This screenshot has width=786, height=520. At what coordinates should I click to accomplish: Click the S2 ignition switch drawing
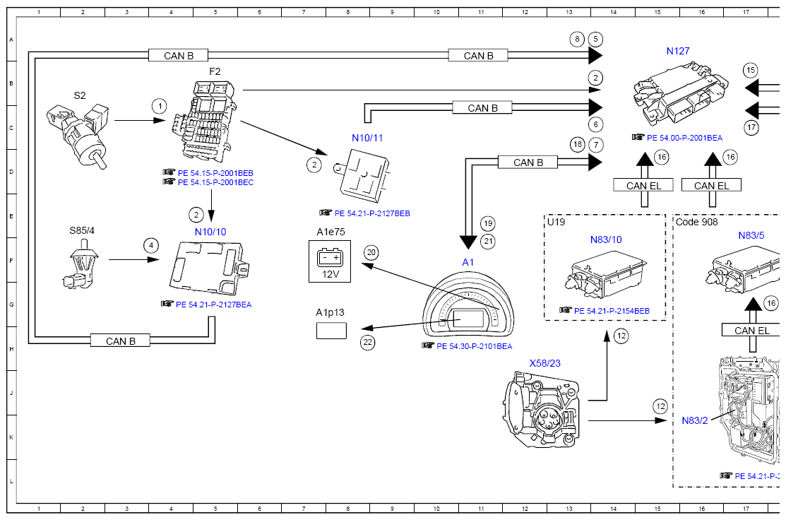[x=78, y=131]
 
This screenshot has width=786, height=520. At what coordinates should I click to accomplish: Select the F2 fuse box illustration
[x=205, y=120]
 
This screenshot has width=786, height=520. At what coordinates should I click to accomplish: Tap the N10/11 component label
[x=367, y=138]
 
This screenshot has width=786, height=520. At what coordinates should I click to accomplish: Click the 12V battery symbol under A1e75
[x=330, y=261]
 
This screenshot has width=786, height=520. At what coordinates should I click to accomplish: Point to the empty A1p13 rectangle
[x=331, y=330]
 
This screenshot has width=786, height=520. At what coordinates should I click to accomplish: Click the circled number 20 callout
[x=371, y=252]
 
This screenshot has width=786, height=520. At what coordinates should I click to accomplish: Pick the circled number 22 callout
[x=368, y=343]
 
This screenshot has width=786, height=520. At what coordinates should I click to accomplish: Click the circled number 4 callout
[x=150, y=246]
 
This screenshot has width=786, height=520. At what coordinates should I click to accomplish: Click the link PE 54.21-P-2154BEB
[x=612, y=311]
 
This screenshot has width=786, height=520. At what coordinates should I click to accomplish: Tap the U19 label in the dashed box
[x=556, y=222]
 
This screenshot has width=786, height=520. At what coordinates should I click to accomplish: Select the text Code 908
[x=697, y=222]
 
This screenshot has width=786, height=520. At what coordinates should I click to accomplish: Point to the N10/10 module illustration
[x=210, y=268]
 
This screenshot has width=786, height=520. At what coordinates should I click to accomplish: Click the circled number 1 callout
[x=160, y=107]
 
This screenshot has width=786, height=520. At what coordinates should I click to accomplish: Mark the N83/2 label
[x=694, y=420]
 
